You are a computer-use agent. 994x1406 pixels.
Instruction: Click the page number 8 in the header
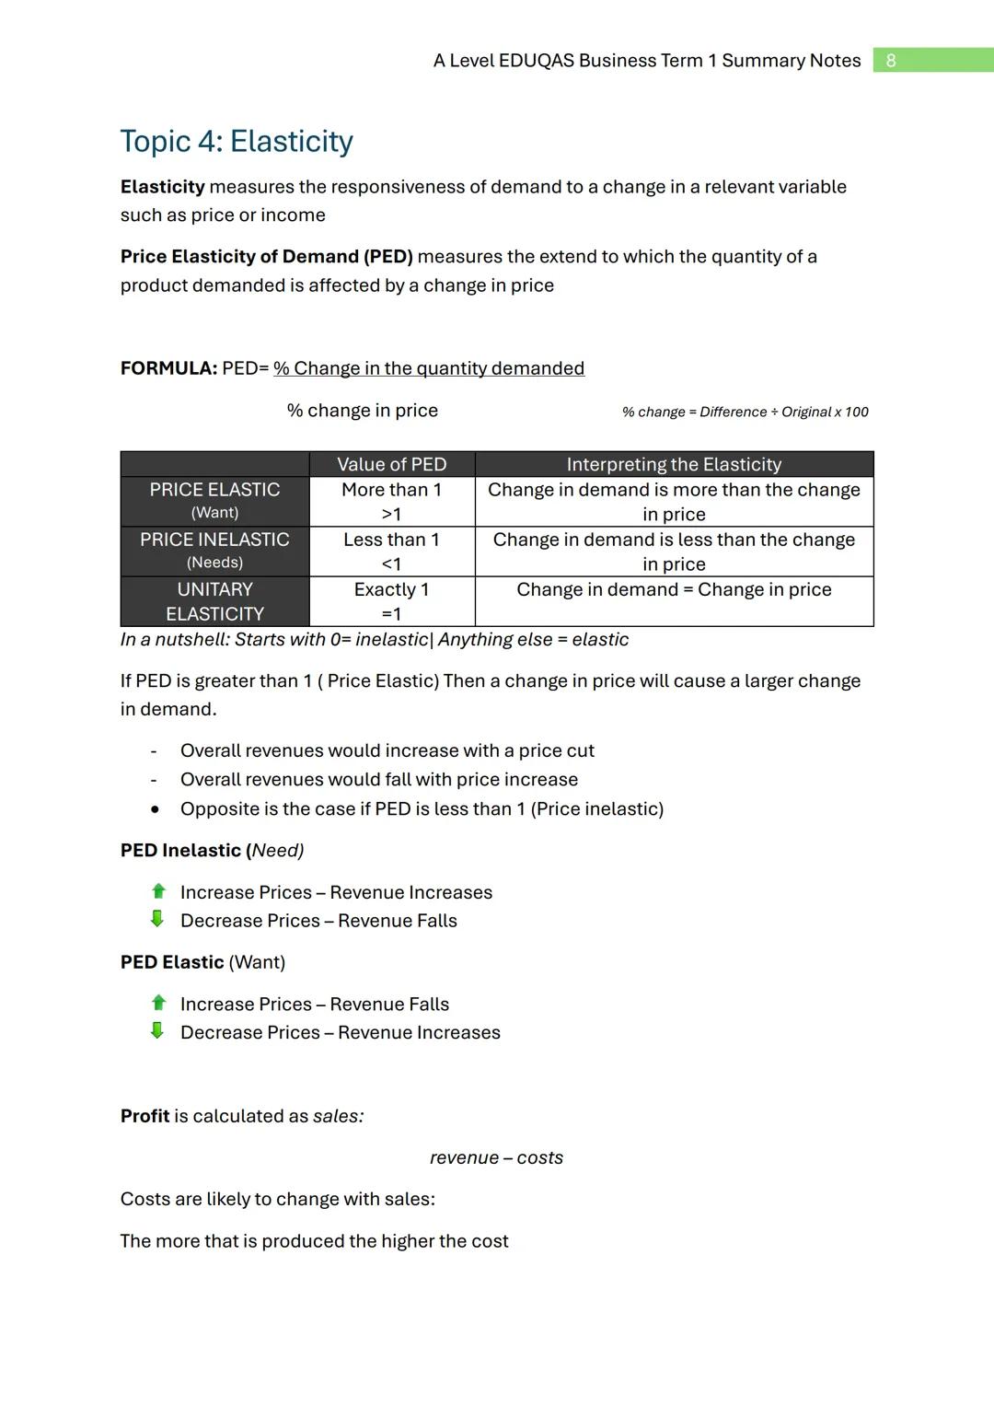tap(890, 61)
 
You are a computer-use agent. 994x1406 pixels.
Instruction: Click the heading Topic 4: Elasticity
tap(237, 141)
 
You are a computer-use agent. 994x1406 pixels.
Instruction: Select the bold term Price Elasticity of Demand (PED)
tap(266, 257)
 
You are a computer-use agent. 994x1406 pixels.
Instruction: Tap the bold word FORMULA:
tap(168, 368)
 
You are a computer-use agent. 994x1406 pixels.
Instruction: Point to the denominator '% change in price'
tap(362, 411)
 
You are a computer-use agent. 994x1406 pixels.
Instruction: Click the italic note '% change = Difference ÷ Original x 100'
tap(745, 412)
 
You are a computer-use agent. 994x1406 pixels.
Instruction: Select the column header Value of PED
tap(391, 464)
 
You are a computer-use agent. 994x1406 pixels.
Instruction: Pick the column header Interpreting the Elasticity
tap(674, 464)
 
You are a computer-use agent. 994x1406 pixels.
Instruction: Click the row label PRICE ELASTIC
tap(214, 491)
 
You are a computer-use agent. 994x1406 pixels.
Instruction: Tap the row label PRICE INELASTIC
tap(214, 540)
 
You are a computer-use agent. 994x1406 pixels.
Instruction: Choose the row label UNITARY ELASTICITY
tap(214, 601)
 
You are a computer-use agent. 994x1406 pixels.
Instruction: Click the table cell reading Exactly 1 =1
tap(391, 601)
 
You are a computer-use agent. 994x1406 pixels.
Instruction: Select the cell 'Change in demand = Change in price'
tap(674, 589)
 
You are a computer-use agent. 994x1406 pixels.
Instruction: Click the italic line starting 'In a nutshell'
tap(374, 640)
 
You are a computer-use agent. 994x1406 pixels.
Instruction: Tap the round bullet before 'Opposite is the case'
tap(155, 809)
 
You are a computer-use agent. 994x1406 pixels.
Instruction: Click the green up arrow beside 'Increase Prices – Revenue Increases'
tap(158, 891)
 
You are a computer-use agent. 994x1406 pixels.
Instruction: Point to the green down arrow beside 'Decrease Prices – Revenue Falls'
tap(157, 919)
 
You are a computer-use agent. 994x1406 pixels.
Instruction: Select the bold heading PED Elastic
tap(172, 962)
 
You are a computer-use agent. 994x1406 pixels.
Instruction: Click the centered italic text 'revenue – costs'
tap(496, 1158)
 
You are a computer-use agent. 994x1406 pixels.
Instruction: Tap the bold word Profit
tap(144, 1116)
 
